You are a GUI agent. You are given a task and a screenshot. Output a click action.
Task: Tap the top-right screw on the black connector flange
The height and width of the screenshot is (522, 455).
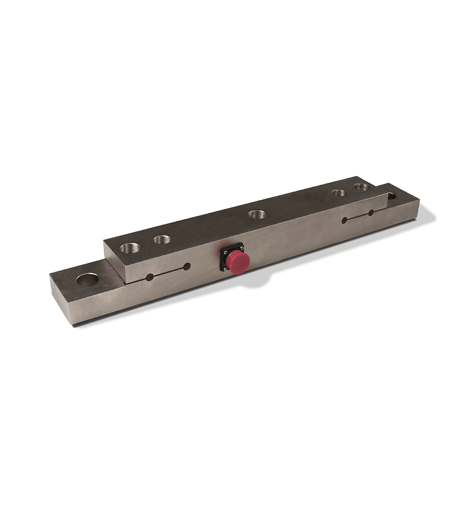[241, 247]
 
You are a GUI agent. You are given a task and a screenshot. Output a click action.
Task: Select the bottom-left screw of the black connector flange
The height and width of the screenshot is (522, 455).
[224, 268]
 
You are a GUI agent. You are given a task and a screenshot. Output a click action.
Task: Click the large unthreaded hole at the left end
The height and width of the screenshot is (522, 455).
[87, 279]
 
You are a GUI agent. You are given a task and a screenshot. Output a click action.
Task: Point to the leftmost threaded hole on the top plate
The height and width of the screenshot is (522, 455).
[128, 247]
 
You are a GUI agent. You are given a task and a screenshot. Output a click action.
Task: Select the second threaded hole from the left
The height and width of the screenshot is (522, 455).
[162, 240]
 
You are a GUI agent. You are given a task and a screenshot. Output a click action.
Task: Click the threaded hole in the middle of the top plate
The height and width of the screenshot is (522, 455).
[255, 214]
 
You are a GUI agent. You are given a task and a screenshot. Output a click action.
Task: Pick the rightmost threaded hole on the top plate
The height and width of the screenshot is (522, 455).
[361, 186]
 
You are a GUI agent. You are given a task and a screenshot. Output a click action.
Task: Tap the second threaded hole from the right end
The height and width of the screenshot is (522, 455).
[339, 193]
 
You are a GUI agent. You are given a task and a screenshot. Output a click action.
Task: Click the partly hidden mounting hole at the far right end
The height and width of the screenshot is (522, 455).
[391, 196]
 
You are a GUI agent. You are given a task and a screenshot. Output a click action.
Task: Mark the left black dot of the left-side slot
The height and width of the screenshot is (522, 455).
[150, 277]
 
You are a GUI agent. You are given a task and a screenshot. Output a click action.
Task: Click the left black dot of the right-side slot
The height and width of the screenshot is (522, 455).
[345, 220]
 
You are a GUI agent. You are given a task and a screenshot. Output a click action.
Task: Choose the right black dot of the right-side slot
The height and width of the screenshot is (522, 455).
[371, 212]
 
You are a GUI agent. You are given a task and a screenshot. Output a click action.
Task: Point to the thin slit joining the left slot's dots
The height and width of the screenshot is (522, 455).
[168, 271]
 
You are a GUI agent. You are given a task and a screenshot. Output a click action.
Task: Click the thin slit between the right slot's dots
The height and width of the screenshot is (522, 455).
[358, 216]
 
